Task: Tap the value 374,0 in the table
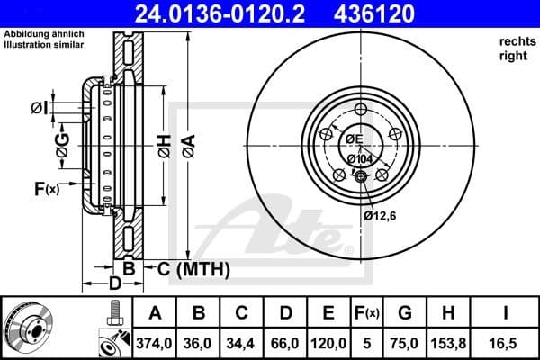coord(155,342)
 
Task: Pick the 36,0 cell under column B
coord(199,342)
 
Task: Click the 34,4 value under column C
coord(242,342)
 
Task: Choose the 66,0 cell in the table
coord(285,342)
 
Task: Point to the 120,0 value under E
coord(328,342)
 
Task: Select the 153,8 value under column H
coord(448,342)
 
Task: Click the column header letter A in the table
coord(155,313)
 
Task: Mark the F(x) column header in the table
coord(367,313)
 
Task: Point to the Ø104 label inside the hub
coord(358,158)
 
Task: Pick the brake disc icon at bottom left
coord(31,328)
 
